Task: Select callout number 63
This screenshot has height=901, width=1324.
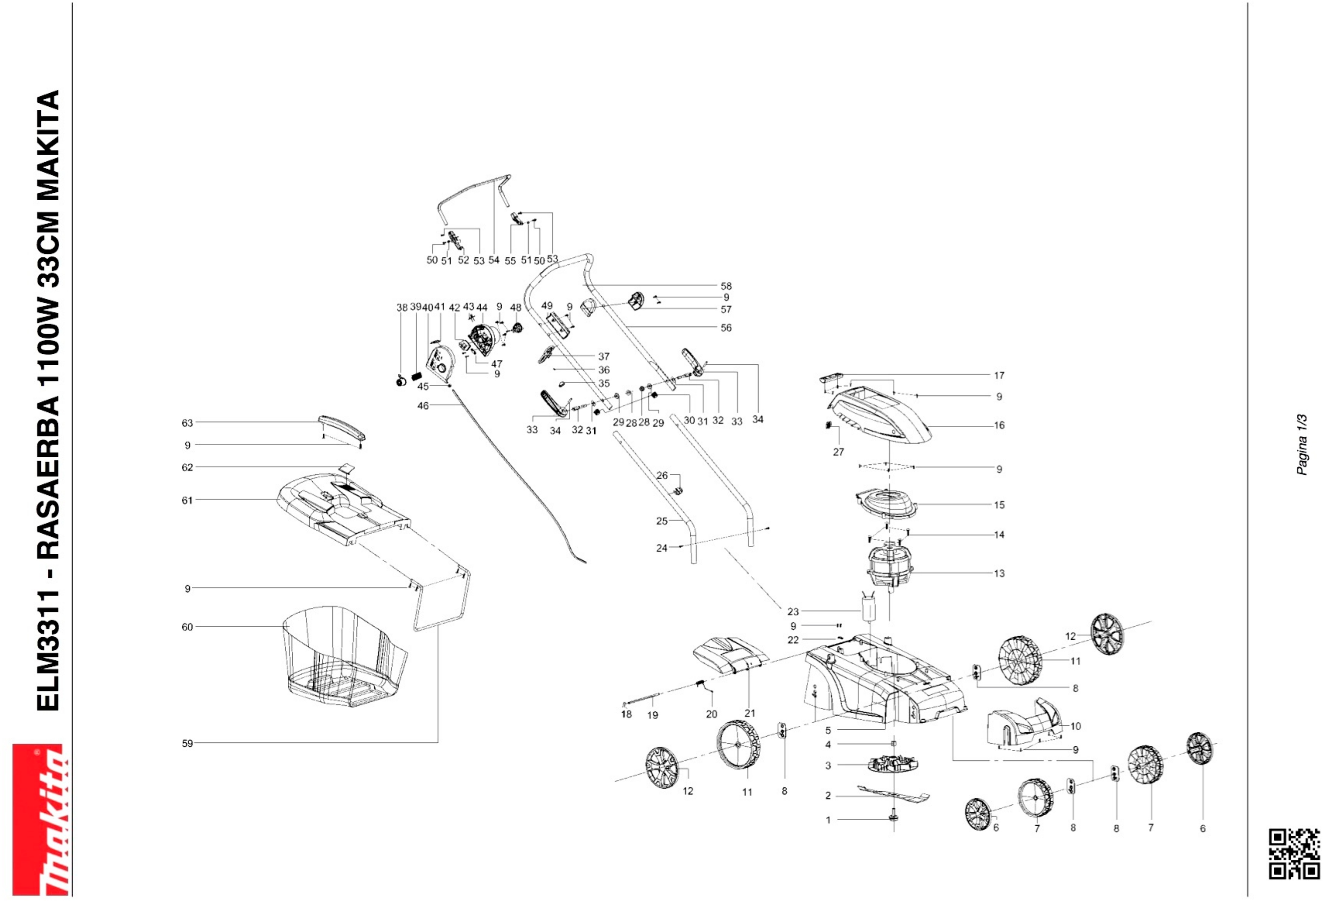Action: (187, 423)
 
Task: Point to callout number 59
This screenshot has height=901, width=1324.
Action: (187, 743)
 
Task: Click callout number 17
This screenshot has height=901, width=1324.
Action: (999, 376)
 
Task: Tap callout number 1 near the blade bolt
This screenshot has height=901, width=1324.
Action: (828, 820)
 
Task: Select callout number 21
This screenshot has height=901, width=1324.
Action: (750, 713)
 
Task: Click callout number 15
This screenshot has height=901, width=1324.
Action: (999, 505)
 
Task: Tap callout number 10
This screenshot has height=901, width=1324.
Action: (1076, 726)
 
